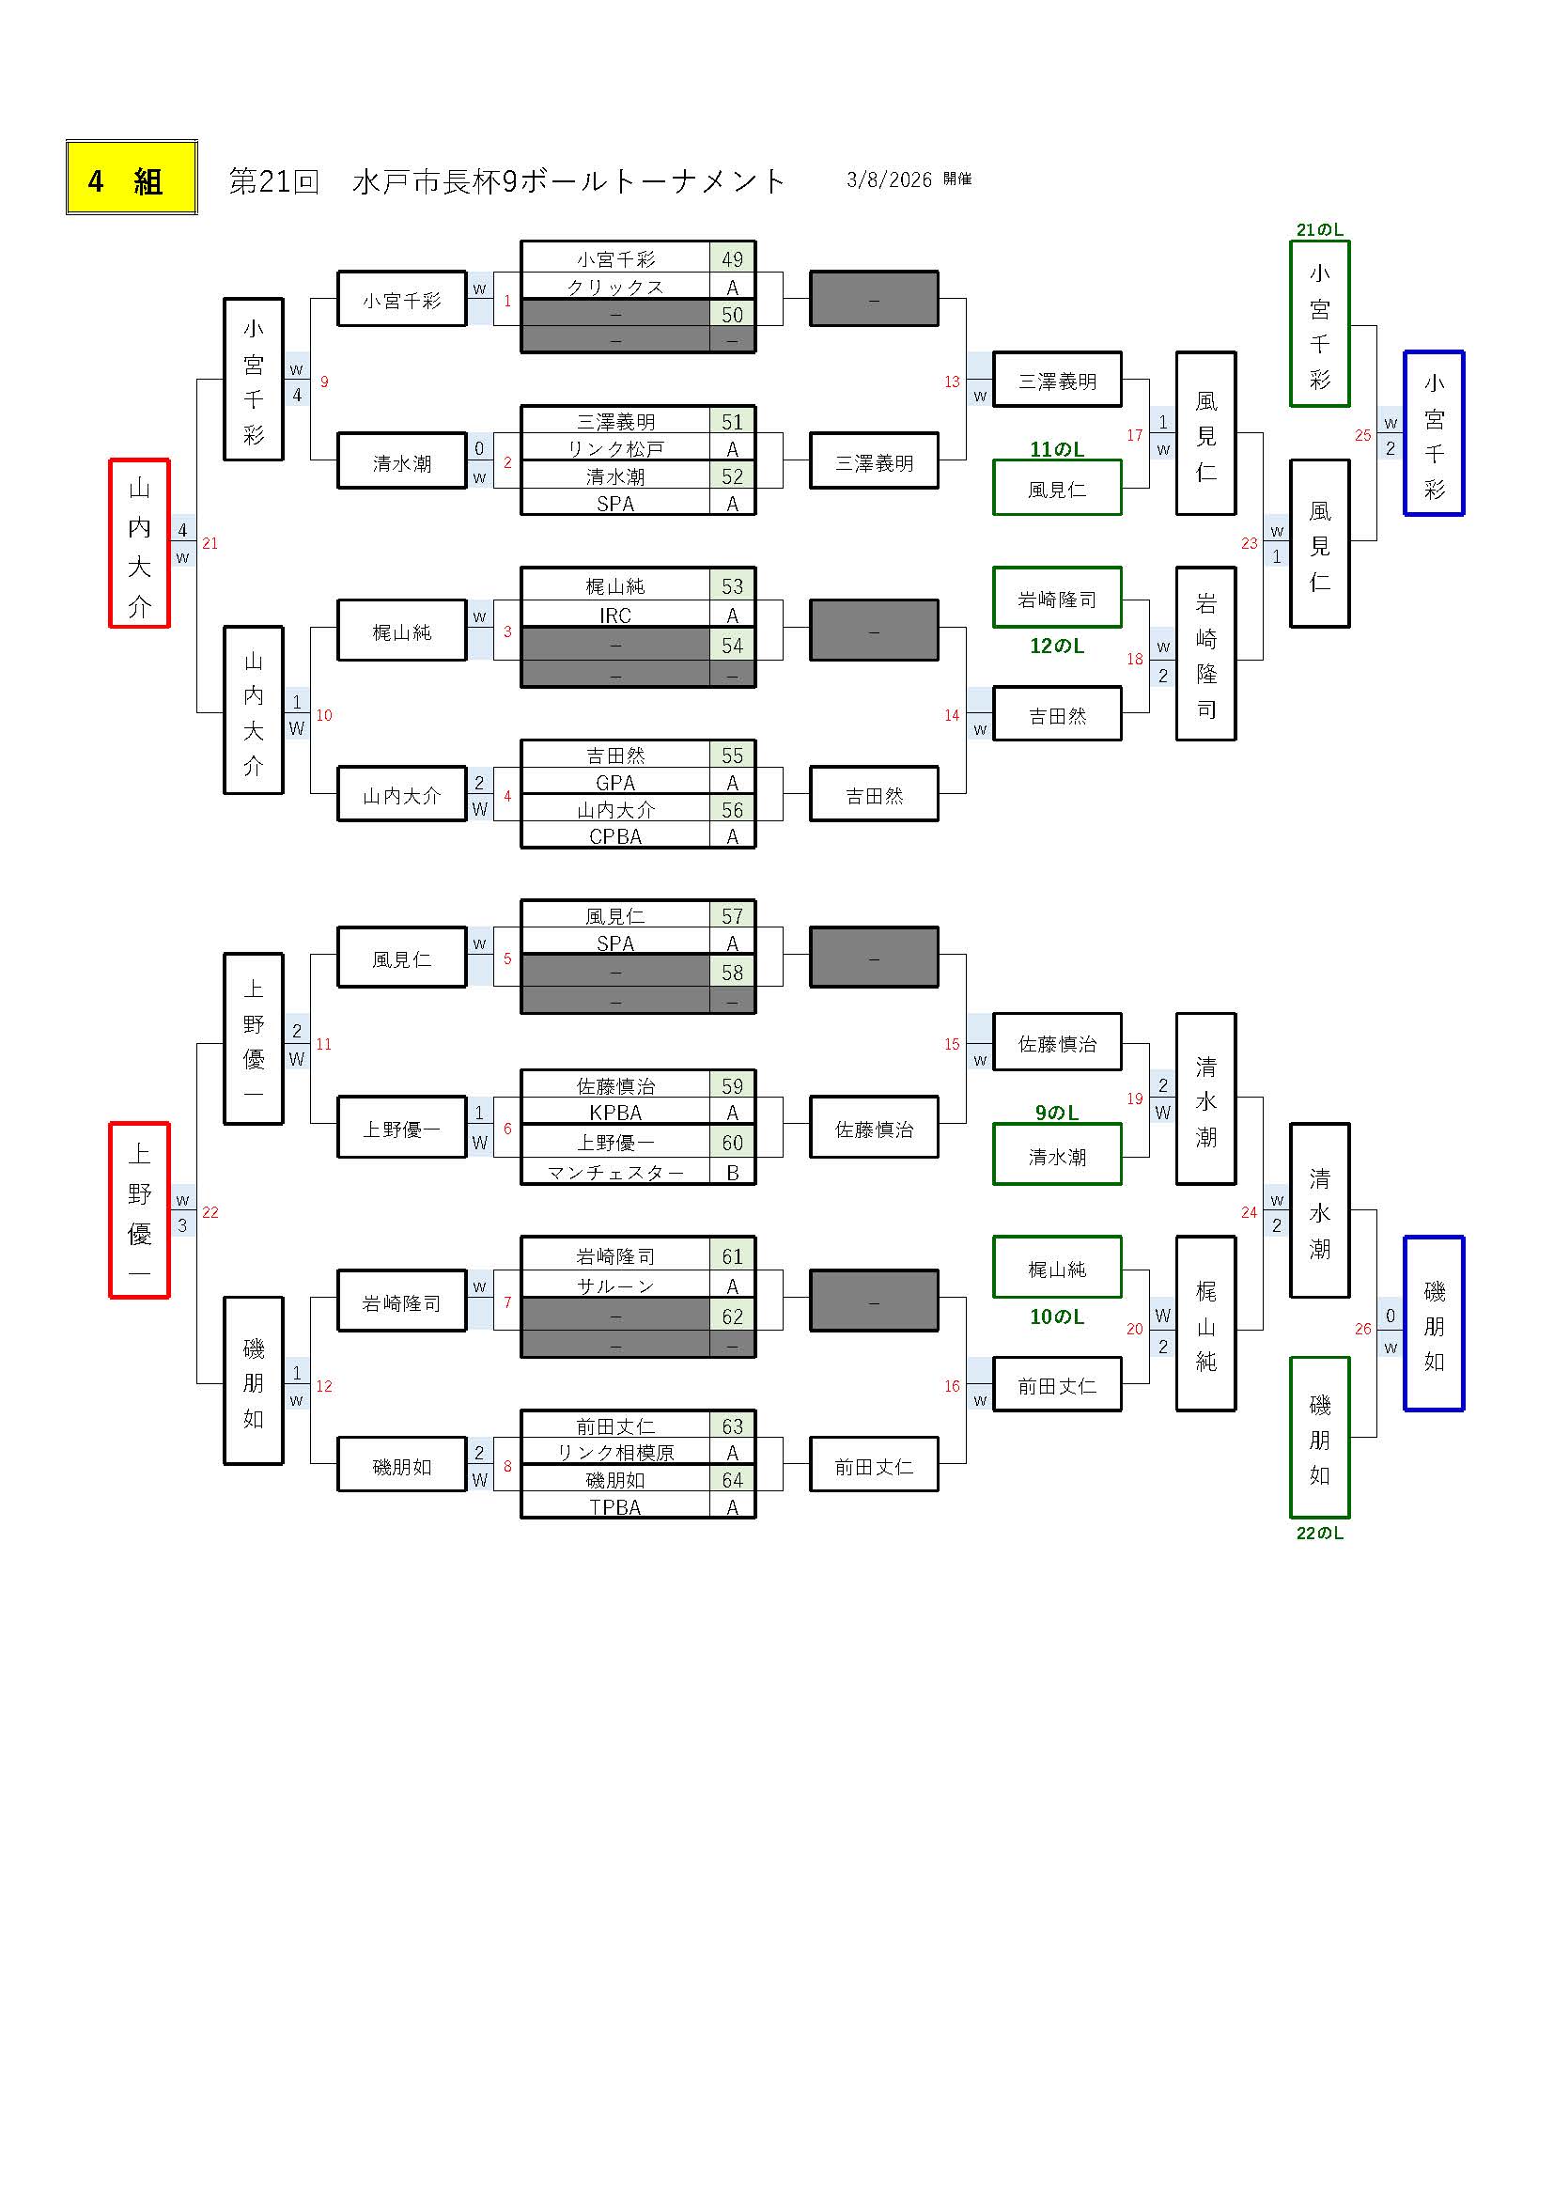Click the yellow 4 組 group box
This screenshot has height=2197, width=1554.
pyautogui.click(x=132, y=178)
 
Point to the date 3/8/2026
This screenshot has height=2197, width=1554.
pyautogui.click(x=888, y=179)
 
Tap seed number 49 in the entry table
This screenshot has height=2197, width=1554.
pyautogui.click(x=732, y=259)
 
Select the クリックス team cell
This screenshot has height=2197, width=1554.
pyautogui.click(x=615, y=287)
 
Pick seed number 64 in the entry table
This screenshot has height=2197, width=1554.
pyautogui.click(x=732, y=1480)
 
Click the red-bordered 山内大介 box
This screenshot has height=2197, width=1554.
pyautogui.click(x=140, y=543)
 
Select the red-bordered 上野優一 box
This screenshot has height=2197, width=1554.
pyautogui.click(x=140, y=1210)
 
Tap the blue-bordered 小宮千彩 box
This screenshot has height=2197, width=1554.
pyautogui.click(x=1434, y=433)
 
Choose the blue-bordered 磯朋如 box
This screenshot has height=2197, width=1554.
pyautogui.click(x=1434, y=1323)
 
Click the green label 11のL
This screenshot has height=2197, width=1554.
pyautogui.click(x=1056, y=449)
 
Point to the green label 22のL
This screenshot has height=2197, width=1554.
pyautogui.click(x=1319, y=1533)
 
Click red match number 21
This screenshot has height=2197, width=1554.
pyautogui.click(x=210, y=543)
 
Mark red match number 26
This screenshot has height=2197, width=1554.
pyautogui.click(x=1362, y=1328)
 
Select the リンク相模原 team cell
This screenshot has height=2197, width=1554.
pyautogui.click(x=615, y=1453)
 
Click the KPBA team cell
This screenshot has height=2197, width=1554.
pyautogui.click(x=615, y=1113)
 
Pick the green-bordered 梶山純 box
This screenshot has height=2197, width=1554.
pyautogui.click(x=1056, y=1269)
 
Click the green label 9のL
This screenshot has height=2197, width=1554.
pyautogui.click(x=1056, y=1113)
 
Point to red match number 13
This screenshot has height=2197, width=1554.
pyautogui.click(x=951, y=382)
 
